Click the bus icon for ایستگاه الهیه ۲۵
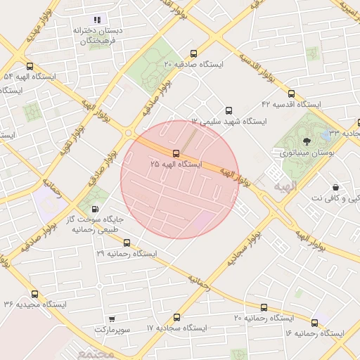coord(176,153)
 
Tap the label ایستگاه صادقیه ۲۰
coord(193,64)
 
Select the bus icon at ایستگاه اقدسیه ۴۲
coord(291,94)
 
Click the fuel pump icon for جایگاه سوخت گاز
coord(95,209)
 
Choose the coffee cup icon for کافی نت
coord(335,187)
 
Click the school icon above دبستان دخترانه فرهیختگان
coord(98,20)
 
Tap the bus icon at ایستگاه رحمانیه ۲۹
coord(126,243)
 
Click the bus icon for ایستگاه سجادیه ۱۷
coord(176,317)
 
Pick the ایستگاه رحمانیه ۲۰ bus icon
coord(264,307)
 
